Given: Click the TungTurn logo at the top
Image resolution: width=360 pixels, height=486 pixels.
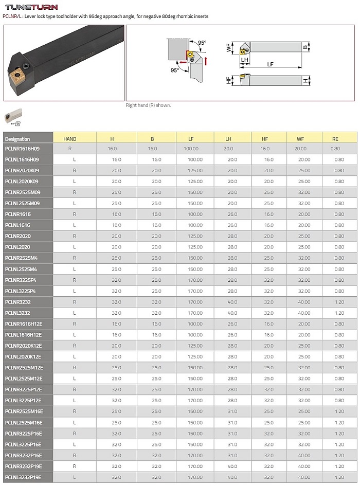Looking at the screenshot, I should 31,7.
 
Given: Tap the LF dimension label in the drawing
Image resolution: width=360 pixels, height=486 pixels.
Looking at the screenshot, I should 270,64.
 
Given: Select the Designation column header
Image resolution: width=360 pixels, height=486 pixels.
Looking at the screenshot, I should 17,139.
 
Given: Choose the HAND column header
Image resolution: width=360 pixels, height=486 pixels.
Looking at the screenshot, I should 70,139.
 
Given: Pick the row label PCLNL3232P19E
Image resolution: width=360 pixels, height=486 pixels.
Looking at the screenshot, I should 24,478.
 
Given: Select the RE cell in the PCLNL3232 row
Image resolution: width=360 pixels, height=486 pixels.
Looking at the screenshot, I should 339,313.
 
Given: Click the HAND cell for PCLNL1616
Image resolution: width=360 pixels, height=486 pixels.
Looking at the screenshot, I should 75,225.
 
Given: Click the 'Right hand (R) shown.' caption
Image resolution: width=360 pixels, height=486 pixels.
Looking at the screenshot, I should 149,105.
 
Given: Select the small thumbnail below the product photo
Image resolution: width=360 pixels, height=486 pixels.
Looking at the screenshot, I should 13,116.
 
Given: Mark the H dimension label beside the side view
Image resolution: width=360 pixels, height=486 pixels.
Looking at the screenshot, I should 305,81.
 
